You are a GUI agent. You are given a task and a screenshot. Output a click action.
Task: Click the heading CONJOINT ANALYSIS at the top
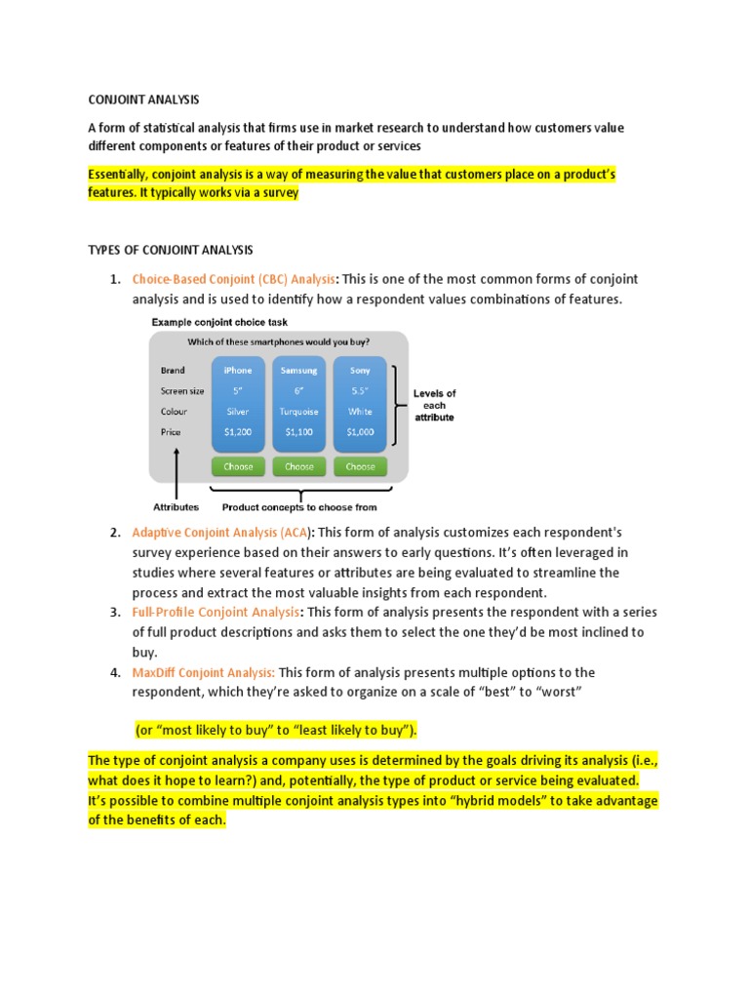(x=143, y=99)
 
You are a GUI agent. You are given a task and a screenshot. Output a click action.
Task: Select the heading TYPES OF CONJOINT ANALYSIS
(x=171, y=251)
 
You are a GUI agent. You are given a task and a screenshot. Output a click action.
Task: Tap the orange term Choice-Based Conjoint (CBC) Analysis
(x=234, y=279)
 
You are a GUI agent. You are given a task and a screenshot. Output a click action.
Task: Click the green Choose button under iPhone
(x=238, y=467)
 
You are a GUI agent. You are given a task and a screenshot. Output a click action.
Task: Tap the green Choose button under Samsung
(x=298, y=467)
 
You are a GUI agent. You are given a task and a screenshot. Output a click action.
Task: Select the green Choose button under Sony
(x=360, y=467)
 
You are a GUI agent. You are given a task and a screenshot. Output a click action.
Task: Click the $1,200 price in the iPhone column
(x=238, y=432)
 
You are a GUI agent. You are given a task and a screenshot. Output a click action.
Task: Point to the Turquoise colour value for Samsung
(x=298, y=412)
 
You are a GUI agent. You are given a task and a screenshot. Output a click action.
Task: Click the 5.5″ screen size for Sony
(x=360, y=391)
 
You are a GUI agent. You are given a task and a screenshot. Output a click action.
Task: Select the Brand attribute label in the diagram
(x=173, y=371)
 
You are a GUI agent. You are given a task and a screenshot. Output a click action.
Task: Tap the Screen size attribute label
(x=182, y=391)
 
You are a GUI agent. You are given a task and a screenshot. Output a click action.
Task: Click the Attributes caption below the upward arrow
(x=176, y=507)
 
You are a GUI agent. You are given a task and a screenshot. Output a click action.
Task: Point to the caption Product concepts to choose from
(x=299, y=507)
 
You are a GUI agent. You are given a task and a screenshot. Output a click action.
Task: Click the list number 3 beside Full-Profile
(x=115, y=613)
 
